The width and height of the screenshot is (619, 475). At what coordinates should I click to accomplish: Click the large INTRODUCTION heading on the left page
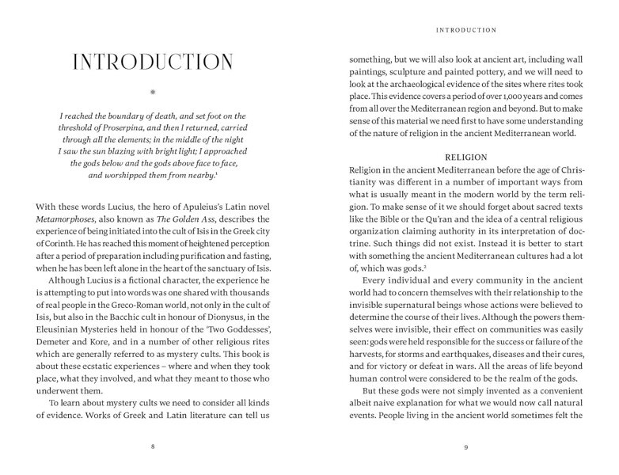(153, 63)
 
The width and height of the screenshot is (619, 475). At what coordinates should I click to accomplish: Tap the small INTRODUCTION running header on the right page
(466, 30)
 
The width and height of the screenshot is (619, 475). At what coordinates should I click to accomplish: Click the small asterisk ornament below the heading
(153, 93)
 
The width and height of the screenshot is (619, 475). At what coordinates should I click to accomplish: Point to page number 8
(153, 446)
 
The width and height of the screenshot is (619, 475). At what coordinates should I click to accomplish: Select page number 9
(466, 446)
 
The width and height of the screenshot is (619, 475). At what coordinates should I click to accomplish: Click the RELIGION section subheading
(466, 157)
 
